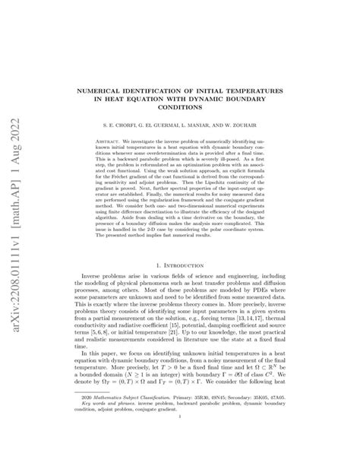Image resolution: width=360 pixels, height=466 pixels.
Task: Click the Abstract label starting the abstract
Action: (x=112, y=141)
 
